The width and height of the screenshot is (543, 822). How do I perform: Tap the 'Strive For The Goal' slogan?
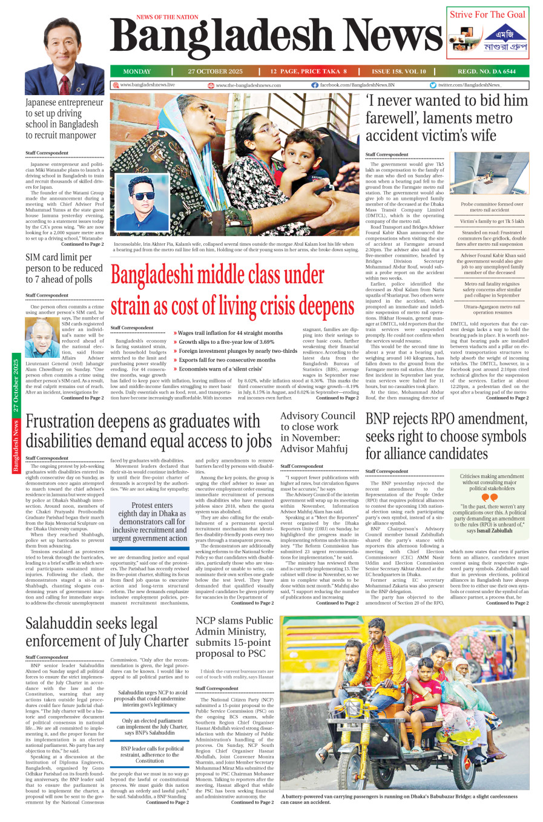[487, 15]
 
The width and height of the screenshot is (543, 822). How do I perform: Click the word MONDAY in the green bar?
[137, 71]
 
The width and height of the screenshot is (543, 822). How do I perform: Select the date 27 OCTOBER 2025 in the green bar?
[215, 71]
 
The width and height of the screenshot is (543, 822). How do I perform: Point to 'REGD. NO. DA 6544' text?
[487, 71]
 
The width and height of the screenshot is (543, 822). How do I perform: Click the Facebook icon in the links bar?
[315, 85]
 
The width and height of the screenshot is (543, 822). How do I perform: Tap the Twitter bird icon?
[433, 85]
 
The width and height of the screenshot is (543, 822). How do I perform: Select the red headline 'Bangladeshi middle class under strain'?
[232, 291]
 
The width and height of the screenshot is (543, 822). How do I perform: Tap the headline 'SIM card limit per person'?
[64, 268]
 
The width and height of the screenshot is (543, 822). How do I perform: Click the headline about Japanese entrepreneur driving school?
[64, 119]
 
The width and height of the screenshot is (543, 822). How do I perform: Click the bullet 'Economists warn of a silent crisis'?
[220, 369]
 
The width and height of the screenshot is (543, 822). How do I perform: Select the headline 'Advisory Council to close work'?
[317, 432]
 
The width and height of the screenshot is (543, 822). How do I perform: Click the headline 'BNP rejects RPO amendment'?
[446, 436]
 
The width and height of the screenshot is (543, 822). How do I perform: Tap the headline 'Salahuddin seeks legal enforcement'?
[107, 632]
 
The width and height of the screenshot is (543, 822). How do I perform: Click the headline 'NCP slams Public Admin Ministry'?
[234, 636]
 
